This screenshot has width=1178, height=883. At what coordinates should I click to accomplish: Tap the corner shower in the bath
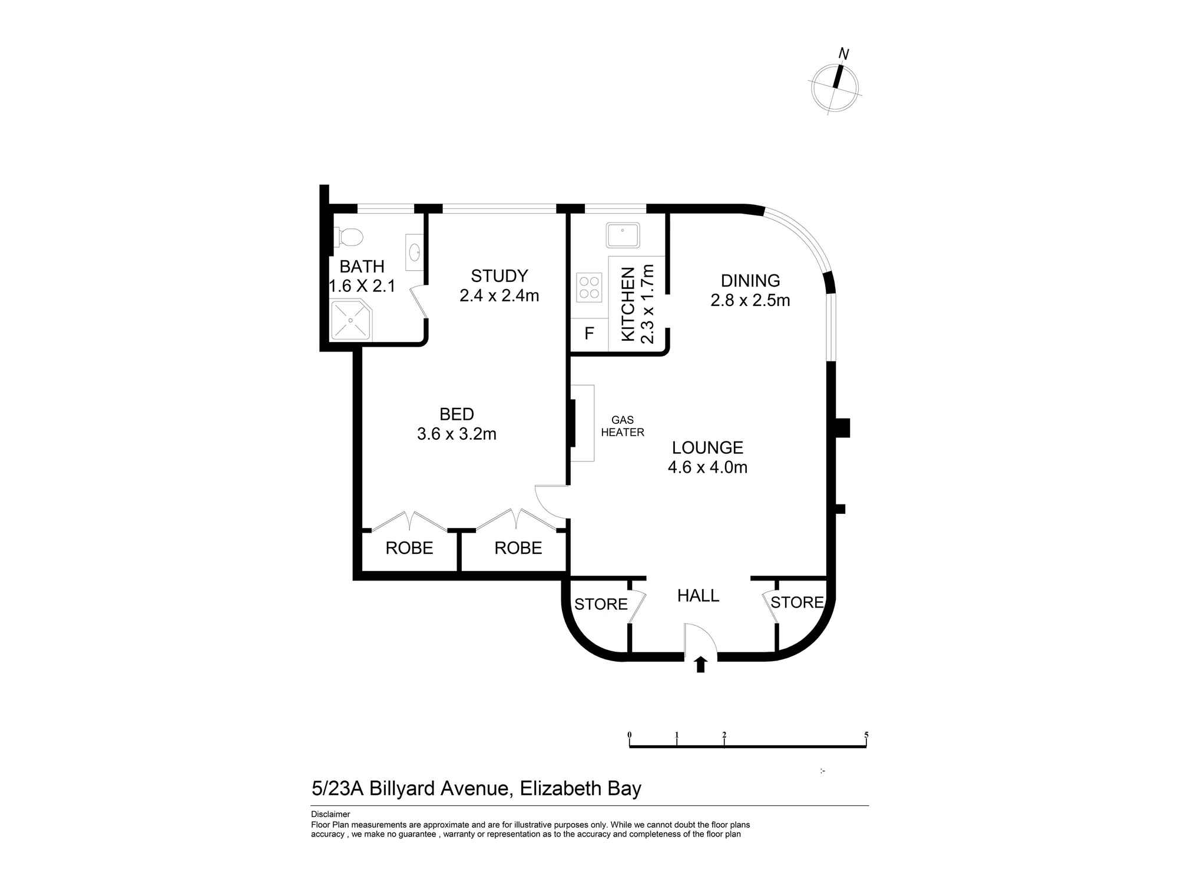[x=352, y=320]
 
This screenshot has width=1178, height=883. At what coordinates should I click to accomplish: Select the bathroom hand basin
[x=415, y=253]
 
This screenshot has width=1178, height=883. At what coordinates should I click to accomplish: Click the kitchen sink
[x=623, y=235]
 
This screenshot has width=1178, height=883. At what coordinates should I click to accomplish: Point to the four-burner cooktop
[x=589, y=288]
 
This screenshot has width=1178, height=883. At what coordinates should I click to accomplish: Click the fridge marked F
[x=589, y=334]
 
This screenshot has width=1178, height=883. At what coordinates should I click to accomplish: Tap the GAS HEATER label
[x=623, y=426]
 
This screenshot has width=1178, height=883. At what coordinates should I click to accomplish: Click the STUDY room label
[x=499, y=275]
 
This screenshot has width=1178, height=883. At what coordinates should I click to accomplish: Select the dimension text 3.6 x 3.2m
[x=456, y=434]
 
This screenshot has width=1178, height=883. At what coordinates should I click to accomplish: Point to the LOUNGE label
[x=707, y=447]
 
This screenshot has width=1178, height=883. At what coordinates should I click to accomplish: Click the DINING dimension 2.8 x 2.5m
[x=750, y=300]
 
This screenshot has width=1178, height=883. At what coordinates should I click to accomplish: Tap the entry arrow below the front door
[x=700, y=665]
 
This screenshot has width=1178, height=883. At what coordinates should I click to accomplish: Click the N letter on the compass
[x=843, y=54]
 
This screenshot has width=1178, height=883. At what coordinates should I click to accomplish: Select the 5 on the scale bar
[x=866, y=735]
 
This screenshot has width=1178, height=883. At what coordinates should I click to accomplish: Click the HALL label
[x=698, y=596]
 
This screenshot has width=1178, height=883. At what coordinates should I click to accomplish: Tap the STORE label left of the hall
[x=601, y=604]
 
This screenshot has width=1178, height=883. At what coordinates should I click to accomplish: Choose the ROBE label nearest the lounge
[x=518, y=548]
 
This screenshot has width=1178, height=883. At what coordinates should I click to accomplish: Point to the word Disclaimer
[x=330, y=815]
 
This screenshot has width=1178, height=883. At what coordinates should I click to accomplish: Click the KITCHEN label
[x=628, y=304]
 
